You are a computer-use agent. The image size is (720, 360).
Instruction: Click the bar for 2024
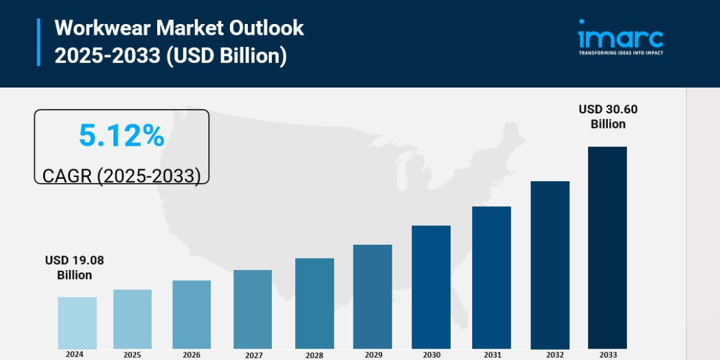77,323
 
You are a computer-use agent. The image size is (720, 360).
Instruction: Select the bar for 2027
253,309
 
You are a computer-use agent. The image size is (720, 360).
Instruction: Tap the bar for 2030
431,287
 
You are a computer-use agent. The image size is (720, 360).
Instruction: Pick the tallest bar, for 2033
607,247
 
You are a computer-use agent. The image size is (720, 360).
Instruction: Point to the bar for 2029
373,296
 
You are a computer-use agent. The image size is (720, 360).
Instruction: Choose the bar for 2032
550,265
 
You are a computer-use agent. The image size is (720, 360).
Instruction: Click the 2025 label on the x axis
133,355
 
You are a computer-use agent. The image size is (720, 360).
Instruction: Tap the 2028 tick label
314,355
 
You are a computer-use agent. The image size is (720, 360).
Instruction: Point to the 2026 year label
191,355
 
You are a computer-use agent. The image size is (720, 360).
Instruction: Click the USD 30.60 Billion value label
608,116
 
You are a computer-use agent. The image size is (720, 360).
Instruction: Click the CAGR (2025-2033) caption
121,176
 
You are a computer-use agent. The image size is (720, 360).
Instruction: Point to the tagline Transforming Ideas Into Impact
620,53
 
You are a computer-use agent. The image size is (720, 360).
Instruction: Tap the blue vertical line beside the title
38,42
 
